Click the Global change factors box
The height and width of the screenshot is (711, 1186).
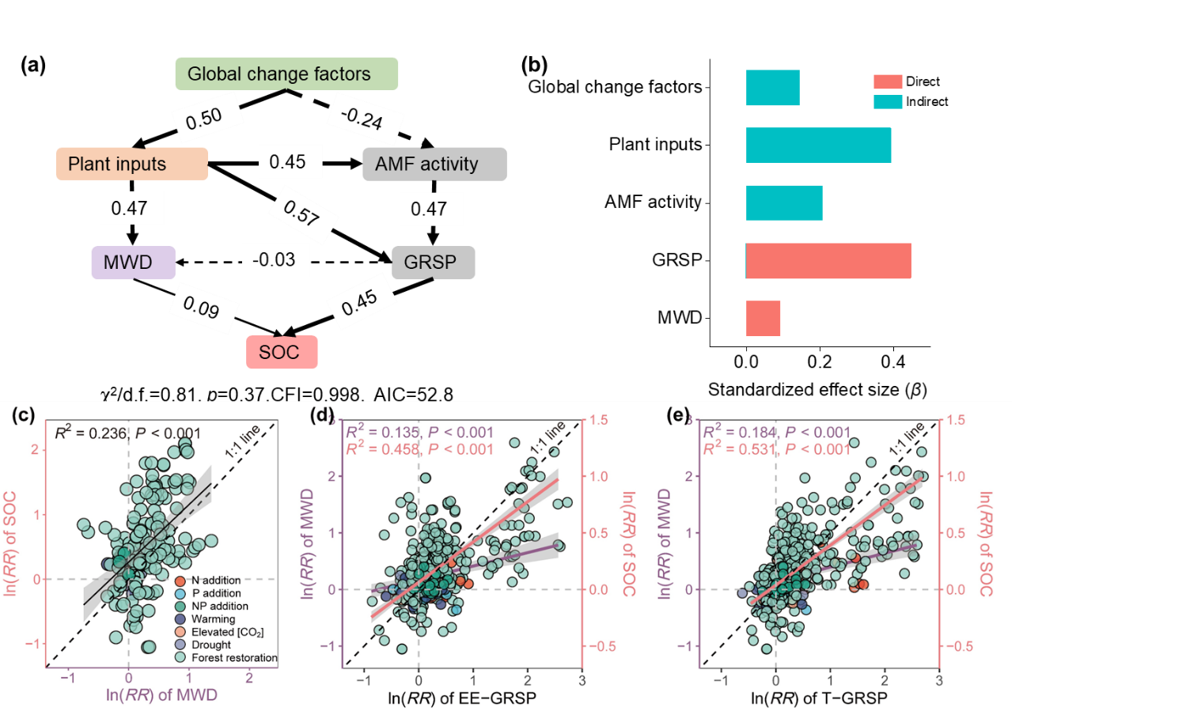pyautogui.click(x=286, y=74)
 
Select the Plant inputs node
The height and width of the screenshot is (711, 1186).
pyautogui.click(x=132, y=164)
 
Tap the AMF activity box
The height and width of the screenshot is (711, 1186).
pyautogui.click(x=434, y=164)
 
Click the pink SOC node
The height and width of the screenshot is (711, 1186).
pyautogui.click(x=282, y=352)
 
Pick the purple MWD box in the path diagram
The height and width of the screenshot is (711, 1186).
pyautogui.click(x=133, y=263)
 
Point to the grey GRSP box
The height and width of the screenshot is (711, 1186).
pyautogui.click(x=433, y=263)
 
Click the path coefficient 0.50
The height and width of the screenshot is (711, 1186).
pyautogui.click(x=205, y=118)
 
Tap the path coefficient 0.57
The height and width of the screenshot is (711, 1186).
pyautogui.click(x=302, y=213)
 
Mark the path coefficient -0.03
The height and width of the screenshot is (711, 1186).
pyautogui.click(x=275, y=259)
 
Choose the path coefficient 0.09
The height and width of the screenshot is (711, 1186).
pyautogui.click(x=203, y=306)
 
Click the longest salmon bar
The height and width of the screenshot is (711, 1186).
pyautogui.click(x=828, y=261)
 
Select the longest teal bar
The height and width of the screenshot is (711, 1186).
pyautogui.click(x=819, y=145)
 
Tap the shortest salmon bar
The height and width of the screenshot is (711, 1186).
pyautogui.click(x=764, y=318)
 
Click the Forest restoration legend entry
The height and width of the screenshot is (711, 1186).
pyautogui.click(x=233, y=657)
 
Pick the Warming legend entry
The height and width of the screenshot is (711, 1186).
pyautogui.click(x=212, y=619)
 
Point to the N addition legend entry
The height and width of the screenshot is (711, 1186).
pyautogui.click(x=215, y=581)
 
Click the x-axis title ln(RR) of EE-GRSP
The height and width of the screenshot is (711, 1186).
pyautogui.click(x=461, y=698)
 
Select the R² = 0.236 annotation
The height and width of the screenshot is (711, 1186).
pyautogui.click(x=127, y=433)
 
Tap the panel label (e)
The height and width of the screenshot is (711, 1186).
pyautogui.click(x=678, y=414)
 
